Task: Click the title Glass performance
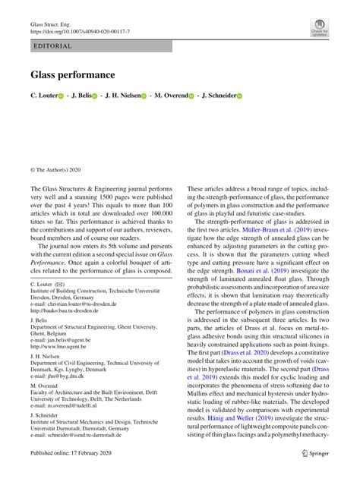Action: point(73,75)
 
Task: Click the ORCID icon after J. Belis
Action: point(95,97)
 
